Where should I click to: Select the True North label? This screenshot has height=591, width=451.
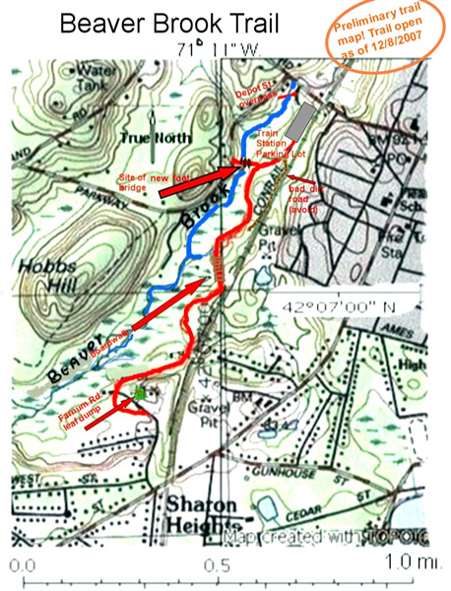(149, 139)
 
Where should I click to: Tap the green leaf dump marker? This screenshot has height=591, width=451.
(142, 393)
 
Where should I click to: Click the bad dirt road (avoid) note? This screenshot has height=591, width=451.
(306, 200)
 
